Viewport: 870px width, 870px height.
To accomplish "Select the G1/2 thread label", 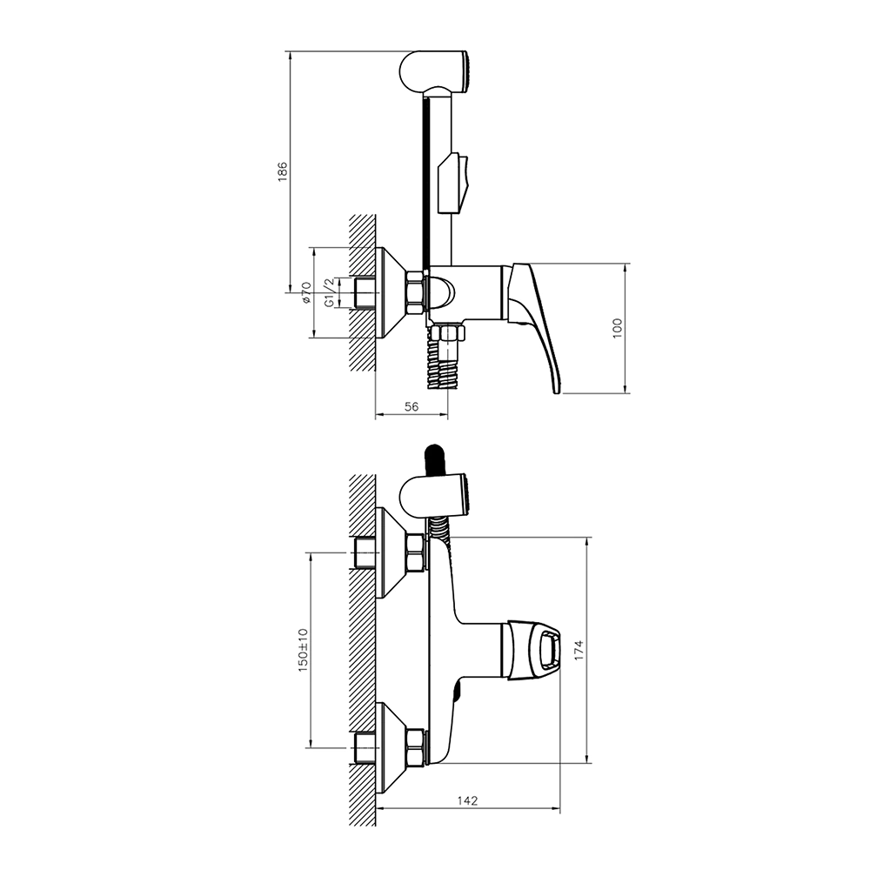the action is tap(329, 292).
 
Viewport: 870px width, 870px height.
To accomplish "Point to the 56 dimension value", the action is tap(412, 406).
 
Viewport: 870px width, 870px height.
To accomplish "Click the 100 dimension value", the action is tap(619, 329).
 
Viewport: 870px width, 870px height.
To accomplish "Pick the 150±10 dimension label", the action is tap(303, 650).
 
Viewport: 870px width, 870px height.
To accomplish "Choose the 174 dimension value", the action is tap(579, 650).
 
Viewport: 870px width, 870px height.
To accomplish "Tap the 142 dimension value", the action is tap(467, 800).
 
